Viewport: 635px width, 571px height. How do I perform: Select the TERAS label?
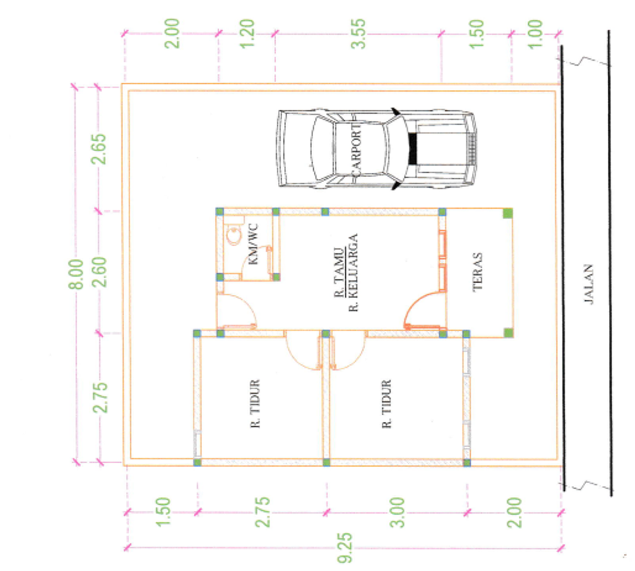point(477,272)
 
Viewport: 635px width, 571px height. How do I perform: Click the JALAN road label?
point(588,284)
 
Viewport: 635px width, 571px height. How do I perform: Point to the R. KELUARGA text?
point(353,272)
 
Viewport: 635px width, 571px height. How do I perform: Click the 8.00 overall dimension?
point(76,274)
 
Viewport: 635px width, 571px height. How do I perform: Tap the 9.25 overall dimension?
point(345,549)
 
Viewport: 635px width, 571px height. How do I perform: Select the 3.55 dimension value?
point(358,34)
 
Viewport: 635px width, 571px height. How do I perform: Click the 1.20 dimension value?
point(247,34)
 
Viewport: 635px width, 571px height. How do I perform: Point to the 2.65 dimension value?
point(99,149)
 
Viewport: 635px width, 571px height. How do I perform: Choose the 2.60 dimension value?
point(99,272)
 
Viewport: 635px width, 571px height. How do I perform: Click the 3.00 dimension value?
point(397,513)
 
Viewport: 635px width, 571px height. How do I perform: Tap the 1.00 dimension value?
point(535,34)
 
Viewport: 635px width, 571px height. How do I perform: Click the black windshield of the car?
point(412,149)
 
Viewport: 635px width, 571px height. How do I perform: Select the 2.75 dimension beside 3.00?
point(262,512)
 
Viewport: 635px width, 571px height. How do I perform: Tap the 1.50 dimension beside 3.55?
point(477,34)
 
